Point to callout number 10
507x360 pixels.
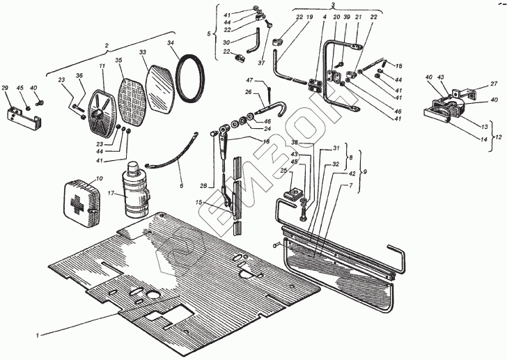point(98,178)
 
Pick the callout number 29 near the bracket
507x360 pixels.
point(6,88)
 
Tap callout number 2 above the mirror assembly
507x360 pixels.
point(107,45)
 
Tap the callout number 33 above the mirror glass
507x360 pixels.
point(142,52)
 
